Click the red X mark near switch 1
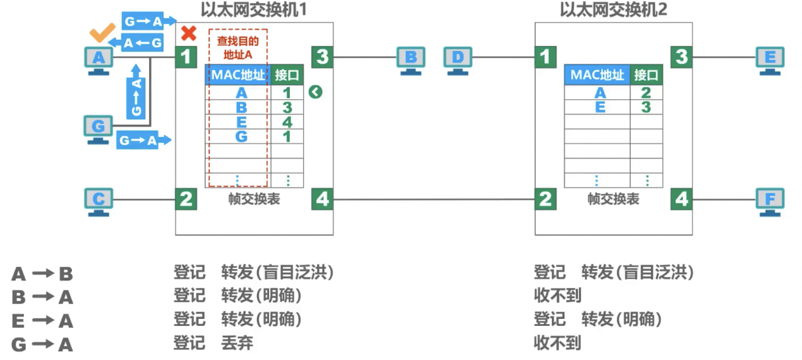pos(188,33)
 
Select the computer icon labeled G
pos(98,129)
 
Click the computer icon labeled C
pos(99,201)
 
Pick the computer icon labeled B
pos(410,60)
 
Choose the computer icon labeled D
pos(457,60)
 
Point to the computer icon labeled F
pos(770,201)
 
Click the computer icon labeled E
pos(770,60)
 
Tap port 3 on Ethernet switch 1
pos(322,57)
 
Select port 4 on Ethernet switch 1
pos(322,200)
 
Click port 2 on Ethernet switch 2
pos(545,200)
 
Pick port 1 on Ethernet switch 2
pos(545,57)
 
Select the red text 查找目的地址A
pos(237,46)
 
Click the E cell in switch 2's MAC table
pos(600,107)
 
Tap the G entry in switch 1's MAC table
pos(241,136)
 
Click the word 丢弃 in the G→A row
pos(237,343)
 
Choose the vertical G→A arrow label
pos(136,97)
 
